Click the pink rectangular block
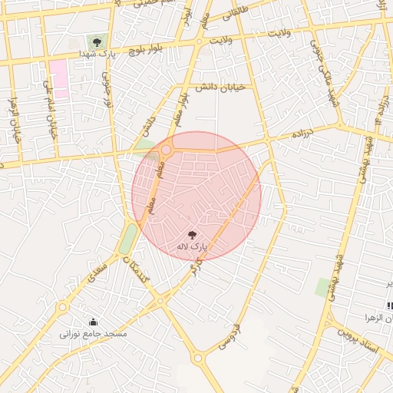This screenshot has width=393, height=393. tap(58, 78)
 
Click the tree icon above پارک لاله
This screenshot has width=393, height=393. tap(192, 234)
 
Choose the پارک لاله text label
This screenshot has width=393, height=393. tap(192, 246)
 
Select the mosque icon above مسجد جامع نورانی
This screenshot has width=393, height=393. tap(94, 322)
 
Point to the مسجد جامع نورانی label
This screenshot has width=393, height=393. tap(94, 335)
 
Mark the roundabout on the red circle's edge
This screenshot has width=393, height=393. tap(166, 150)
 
